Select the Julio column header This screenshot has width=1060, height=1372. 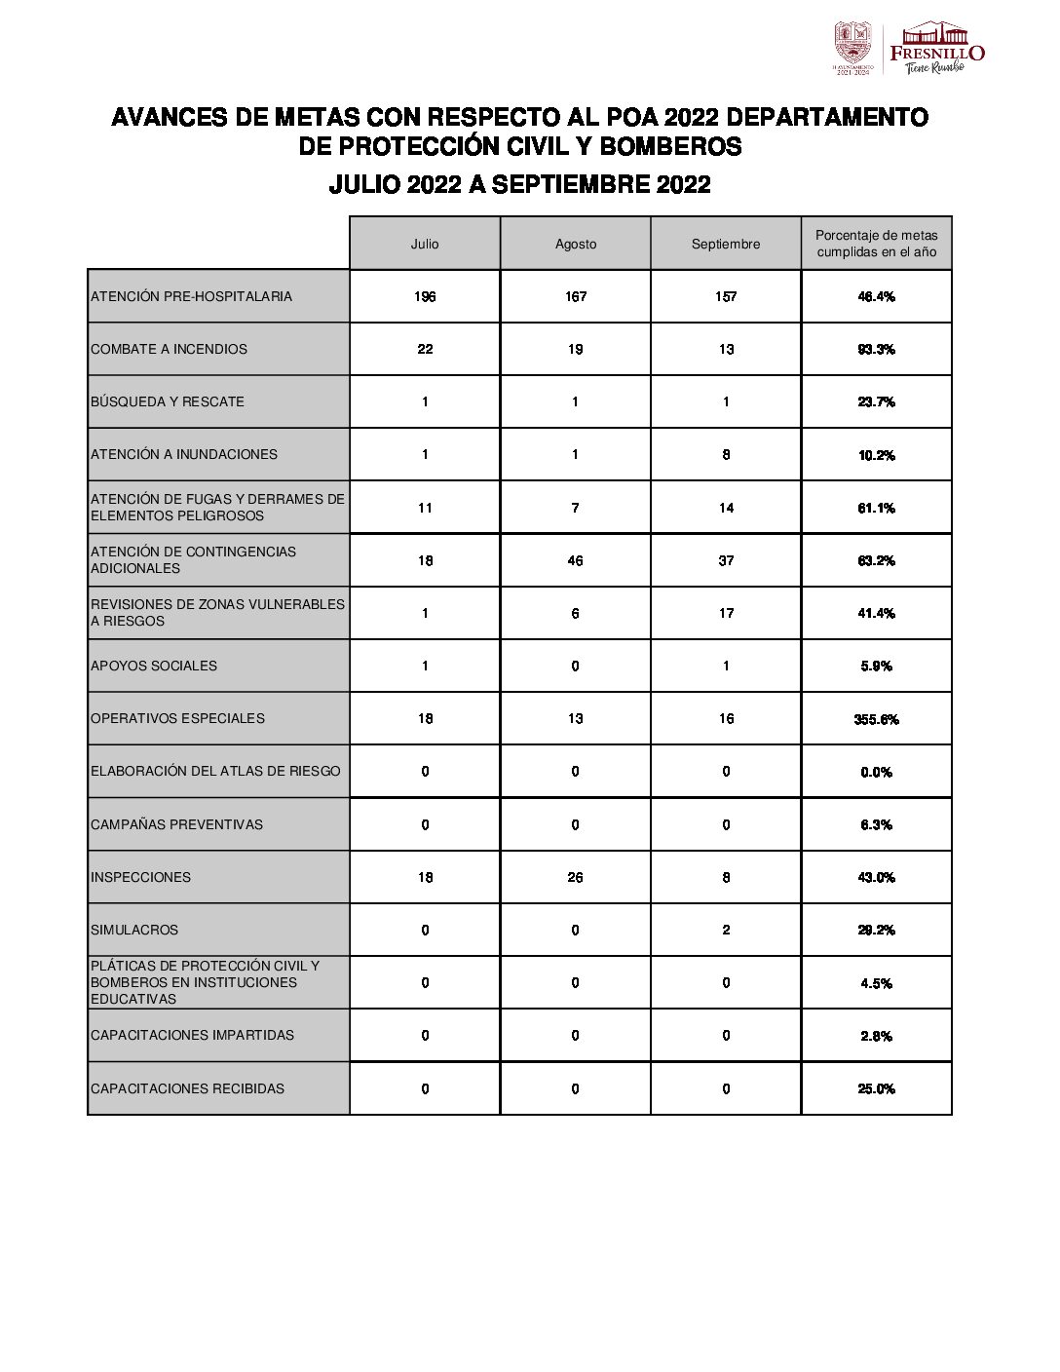point(425,244)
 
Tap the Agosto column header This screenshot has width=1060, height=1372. point(576,244)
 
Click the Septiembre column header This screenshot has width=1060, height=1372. point(726,244)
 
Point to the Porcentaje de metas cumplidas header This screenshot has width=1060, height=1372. point(876,244)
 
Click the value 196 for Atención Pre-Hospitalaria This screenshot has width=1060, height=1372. point(425,296)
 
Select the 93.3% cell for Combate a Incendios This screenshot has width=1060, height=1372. point(876,349)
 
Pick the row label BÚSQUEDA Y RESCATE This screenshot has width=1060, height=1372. point(168,401)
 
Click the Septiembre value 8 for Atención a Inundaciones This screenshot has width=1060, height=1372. point(726,454)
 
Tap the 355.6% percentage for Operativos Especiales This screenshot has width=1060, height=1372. point(876,719)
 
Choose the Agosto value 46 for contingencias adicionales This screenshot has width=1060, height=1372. point(576,560)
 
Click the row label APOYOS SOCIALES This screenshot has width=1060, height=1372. point(154,666)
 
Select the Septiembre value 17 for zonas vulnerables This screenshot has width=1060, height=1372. point(726,613)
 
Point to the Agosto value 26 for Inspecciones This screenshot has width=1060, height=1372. point(576,877)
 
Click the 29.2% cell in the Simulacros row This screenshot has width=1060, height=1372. point(876,930)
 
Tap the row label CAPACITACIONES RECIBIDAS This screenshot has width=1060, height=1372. point(187,1088)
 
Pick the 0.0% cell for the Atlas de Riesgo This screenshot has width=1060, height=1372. point(876,772)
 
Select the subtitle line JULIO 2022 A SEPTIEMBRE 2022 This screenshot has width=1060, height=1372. point(519,184)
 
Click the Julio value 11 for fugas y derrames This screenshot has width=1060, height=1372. point(425,508)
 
